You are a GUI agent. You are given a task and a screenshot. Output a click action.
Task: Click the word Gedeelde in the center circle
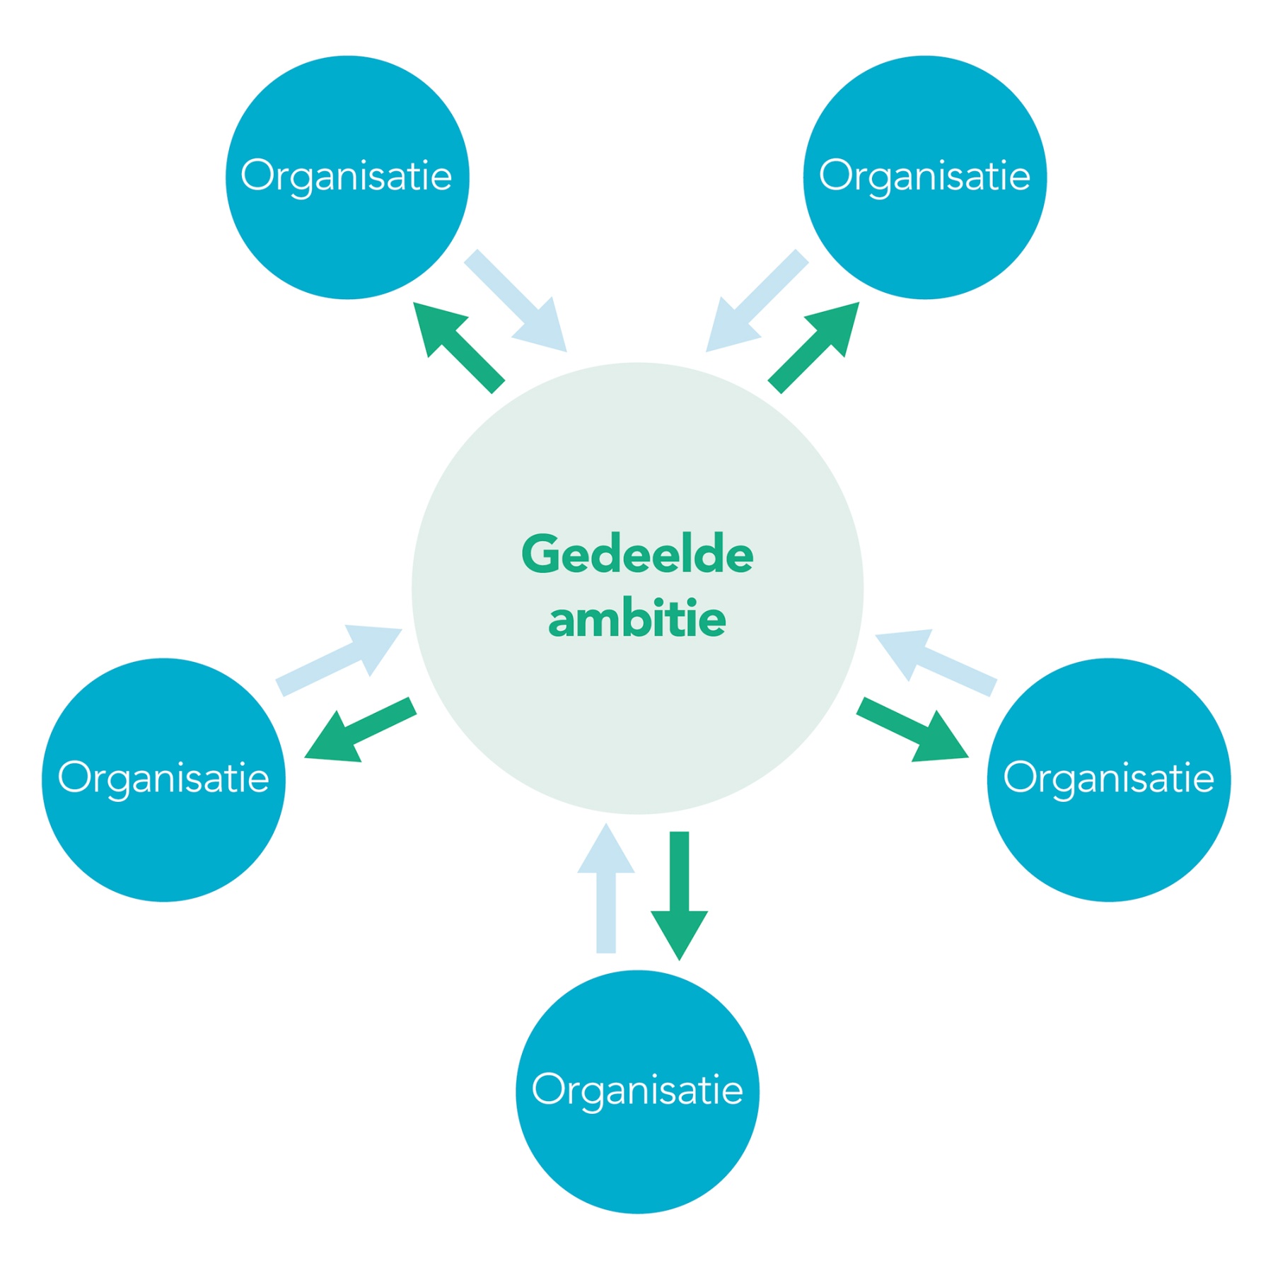click(636, 555)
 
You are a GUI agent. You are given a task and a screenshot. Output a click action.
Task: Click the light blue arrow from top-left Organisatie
click(516, 301)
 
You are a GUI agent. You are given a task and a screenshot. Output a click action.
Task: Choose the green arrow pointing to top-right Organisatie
click(813, 347)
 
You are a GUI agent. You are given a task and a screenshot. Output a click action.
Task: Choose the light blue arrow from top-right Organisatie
click(757, 301)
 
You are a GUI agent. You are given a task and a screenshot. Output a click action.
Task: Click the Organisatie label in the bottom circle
click(636, 1089)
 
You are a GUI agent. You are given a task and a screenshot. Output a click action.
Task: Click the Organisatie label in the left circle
click(163, 777)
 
